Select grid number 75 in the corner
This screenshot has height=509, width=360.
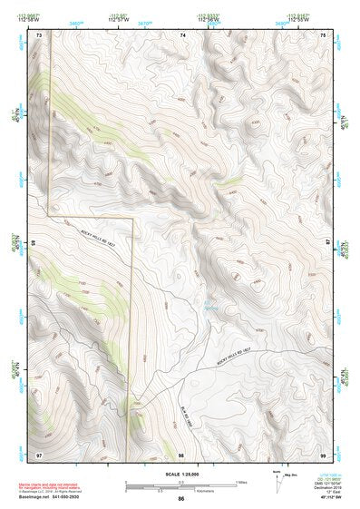pyautogui.click(x=325, y=34)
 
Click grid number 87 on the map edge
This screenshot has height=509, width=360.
pyautogui.click(x=328, y=244)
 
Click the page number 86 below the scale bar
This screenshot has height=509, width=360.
pyautogui.click(x=181, y=499)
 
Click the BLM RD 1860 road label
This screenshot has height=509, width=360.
pyautogui.click(x=185, y=389)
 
